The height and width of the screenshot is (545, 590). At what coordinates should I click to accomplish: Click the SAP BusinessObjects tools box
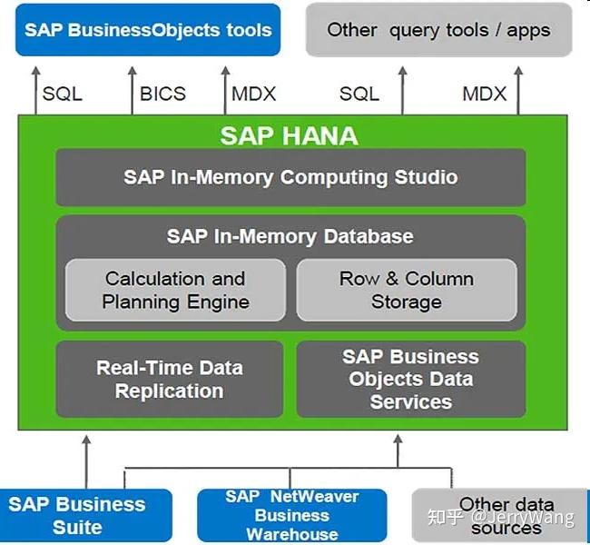[148, 30]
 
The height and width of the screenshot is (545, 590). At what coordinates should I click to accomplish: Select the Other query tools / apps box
[438, 30]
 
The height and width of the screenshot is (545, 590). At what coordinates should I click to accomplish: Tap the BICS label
[162, 94]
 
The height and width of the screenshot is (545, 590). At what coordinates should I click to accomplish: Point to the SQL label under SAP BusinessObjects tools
[63, 94]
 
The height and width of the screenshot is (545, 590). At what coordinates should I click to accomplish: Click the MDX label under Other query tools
[485, 94]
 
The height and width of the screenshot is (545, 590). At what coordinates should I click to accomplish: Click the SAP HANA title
[289, 136]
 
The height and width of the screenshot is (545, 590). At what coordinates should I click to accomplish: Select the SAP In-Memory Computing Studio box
[290, 177]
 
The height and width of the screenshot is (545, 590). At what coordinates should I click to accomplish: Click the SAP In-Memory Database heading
[290, 236]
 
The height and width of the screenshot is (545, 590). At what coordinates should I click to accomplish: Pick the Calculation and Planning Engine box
[175, 290]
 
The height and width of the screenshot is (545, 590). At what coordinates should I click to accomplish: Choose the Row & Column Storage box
[407, 290]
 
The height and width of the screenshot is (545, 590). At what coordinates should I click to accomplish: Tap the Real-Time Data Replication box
[170, 379]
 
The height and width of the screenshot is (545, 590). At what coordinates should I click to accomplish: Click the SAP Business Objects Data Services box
[411, 379]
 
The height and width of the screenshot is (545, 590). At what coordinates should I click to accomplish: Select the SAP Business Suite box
[85, 515]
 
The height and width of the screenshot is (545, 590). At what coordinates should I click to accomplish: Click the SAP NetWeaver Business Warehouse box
[292, 515]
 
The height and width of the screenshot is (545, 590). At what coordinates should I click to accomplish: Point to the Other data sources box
[499, 515]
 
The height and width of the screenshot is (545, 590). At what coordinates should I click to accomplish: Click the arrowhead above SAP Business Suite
[86, 440]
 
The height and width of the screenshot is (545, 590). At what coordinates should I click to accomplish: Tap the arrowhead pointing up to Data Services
[398, 439]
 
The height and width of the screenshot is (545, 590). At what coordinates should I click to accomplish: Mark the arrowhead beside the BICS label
[133, 71]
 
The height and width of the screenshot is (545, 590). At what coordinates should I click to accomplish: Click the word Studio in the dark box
[426, 177]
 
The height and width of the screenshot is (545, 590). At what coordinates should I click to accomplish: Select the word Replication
[170, 391]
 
